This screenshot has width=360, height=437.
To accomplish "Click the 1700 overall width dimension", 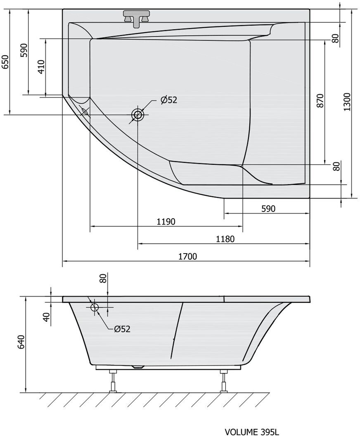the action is [187, 256].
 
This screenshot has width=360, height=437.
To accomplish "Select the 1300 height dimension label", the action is [347, 102].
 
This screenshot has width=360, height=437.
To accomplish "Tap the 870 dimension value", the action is [320, 101].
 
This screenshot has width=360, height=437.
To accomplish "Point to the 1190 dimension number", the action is [166, 222].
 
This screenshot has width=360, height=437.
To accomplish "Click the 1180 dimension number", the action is [225, 239].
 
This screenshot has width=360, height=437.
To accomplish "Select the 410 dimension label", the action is [41, 66].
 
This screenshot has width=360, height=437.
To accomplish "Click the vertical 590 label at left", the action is [24, 50].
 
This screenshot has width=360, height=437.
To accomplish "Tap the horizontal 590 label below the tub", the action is [268, 209].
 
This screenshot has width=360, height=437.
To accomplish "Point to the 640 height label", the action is [21, 342].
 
